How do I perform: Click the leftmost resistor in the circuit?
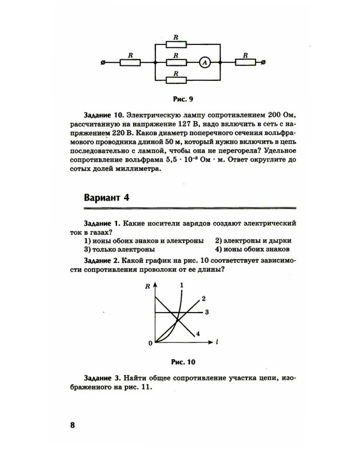130,62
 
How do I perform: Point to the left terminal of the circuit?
105,62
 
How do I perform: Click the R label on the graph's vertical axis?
148,287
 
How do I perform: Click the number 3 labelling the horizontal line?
206,312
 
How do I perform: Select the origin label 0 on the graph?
151,343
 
